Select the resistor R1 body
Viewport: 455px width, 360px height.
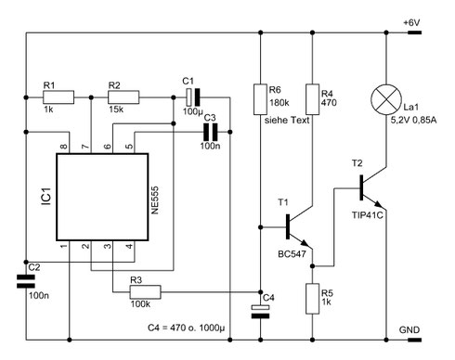coord(58,96)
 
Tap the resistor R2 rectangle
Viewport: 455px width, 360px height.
coord(123,96)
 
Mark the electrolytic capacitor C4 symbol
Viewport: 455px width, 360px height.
coord(260,311)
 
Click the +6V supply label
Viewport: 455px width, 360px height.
coord(413,22)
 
